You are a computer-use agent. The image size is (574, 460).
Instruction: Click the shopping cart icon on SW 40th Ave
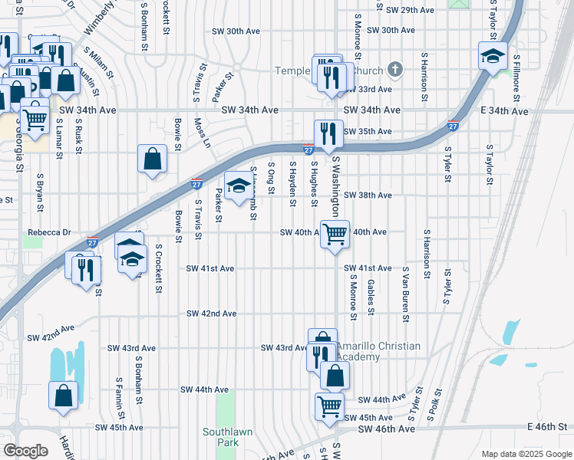335,233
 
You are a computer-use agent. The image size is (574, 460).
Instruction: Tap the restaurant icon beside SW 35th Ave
328,133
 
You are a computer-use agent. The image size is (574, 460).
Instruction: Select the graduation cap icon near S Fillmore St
493,55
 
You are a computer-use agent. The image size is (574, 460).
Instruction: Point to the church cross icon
395,70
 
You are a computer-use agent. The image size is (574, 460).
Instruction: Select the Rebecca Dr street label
50,232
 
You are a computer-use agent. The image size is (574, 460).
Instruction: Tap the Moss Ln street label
202,132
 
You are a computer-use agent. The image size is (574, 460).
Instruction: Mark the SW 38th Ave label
368,195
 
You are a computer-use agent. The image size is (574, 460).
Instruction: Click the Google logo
25,450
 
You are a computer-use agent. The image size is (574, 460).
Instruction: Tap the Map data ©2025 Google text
526,454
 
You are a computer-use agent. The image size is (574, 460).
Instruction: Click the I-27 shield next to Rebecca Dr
91,241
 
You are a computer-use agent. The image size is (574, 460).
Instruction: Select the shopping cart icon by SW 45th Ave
330,406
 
